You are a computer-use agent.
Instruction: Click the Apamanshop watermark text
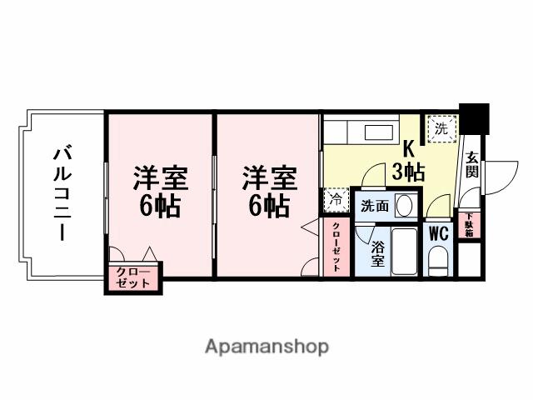click(x=266, y=346)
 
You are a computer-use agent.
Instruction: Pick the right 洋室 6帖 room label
click(x=269, y=192)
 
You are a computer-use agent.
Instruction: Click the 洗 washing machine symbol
click(x=441, y=128)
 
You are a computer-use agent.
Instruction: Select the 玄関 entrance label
click(x=472, y=164)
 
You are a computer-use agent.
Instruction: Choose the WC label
click(x=438, y=233)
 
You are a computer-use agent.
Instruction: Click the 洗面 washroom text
click(x=375, y=206)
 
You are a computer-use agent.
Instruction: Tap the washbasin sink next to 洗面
click(x=404, y=205)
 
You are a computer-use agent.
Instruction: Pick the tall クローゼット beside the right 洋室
click(x=336, y=246)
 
